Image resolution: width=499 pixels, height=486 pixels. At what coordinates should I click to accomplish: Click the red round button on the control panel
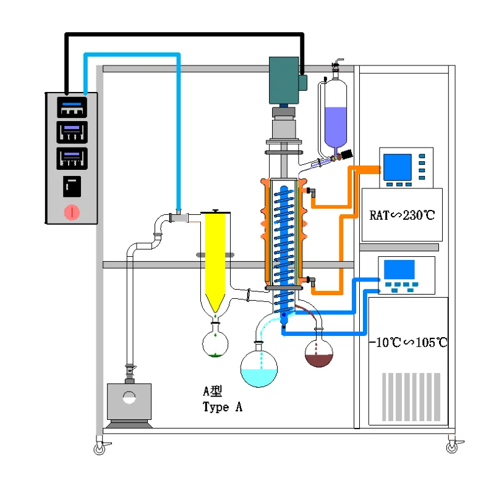click(72, 212)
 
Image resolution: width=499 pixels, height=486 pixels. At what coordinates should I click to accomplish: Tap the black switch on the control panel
click(72, 185)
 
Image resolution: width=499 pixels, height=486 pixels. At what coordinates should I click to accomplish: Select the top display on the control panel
click(72, 106)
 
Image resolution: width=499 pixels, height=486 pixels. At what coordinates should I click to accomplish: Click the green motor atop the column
click(284, 81)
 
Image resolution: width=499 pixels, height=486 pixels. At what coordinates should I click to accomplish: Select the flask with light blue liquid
click(258, 369)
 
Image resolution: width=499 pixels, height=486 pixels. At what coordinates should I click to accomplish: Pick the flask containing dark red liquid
click(319, 354)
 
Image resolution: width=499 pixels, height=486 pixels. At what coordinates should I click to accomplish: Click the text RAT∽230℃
click(402, 216)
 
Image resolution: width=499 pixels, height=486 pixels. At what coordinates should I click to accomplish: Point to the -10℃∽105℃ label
click(408, 343)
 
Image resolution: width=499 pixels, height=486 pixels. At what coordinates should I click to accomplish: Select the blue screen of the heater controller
click(396, 165)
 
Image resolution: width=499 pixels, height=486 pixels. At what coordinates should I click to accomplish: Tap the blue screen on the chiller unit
click(399, 269)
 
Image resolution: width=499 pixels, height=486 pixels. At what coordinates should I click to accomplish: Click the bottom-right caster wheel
click(451, 445)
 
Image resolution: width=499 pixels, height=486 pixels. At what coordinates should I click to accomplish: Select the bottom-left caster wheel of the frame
click(100, 448)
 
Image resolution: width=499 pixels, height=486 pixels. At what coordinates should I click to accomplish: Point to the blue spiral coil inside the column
click(285, 247)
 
